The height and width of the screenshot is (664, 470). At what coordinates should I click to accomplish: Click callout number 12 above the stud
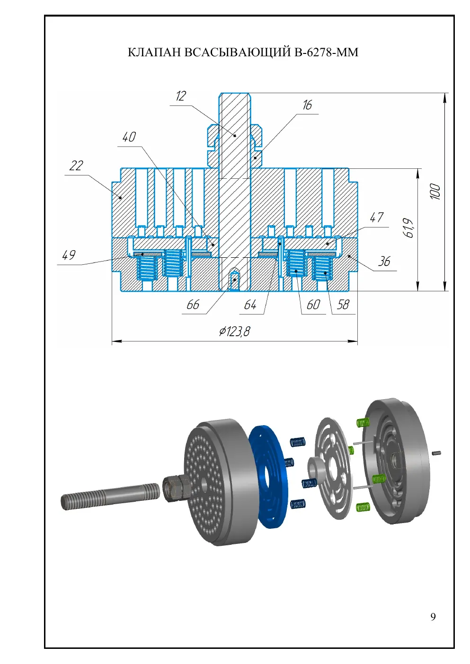tap(181, 96)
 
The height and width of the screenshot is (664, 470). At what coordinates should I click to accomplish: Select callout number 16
tap(307, 105)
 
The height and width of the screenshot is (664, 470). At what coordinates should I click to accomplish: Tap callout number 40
tap(129, 137)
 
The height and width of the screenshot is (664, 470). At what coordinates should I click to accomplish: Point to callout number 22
tap(76, 166)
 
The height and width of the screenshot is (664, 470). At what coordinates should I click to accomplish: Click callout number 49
tap(69, 255)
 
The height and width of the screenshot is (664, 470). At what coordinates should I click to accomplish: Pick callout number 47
tap(377, 218)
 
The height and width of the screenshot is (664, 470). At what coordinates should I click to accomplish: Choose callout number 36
tap(384, 262)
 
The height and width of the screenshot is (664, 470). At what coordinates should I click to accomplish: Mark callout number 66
tap(193, 305)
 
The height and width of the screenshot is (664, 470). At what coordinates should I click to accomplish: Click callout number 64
tap(250, 305)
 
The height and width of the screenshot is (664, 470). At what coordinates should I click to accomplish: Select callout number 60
tap(313, 305)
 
